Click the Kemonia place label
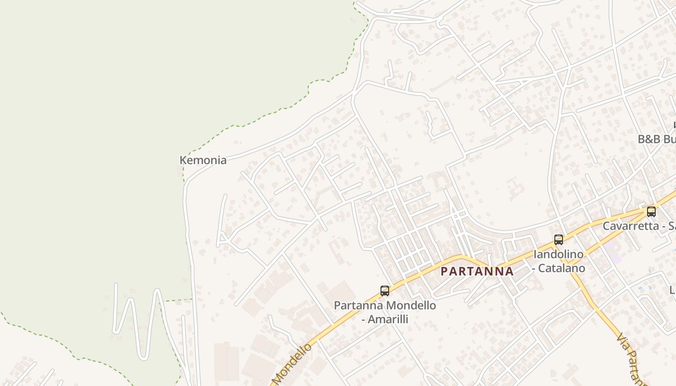tap(203, 160)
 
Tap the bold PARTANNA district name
tap(477, 271)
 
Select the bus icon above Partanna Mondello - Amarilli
tap(385, 291)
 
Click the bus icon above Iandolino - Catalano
tap(559, 239)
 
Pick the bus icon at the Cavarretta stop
tap(651, 211)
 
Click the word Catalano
tap(562, 268)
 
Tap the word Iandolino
tap(559, 254)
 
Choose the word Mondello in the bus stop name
tap(411, 305)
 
